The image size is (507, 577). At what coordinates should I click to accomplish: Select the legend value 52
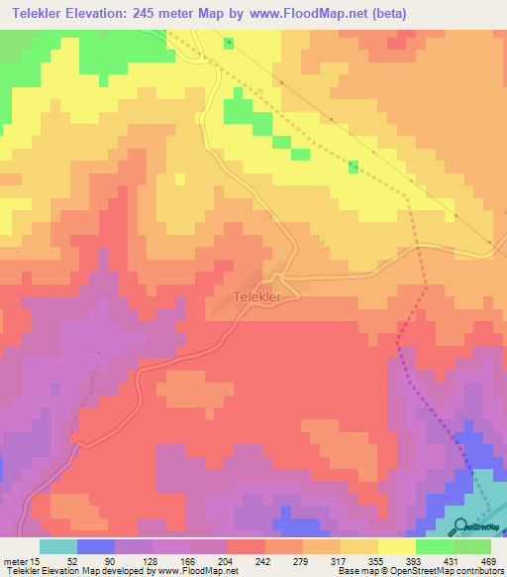coord(57,560)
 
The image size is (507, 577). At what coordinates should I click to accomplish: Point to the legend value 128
coord(133,560)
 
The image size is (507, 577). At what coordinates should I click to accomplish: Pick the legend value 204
coord(208,560)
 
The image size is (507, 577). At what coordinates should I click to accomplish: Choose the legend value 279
coord(283,560)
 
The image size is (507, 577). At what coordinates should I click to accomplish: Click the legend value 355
coord(358,560)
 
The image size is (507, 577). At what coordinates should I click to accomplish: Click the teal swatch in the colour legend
coord(58,546)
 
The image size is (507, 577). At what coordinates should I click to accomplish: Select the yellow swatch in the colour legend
coord(396,546)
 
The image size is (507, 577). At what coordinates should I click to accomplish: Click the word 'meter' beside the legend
coord(14,560)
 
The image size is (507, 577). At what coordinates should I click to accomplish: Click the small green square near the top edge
coord(230,43)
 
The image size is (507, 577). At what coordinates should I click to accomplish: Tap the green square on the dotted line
coord(354,166)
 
